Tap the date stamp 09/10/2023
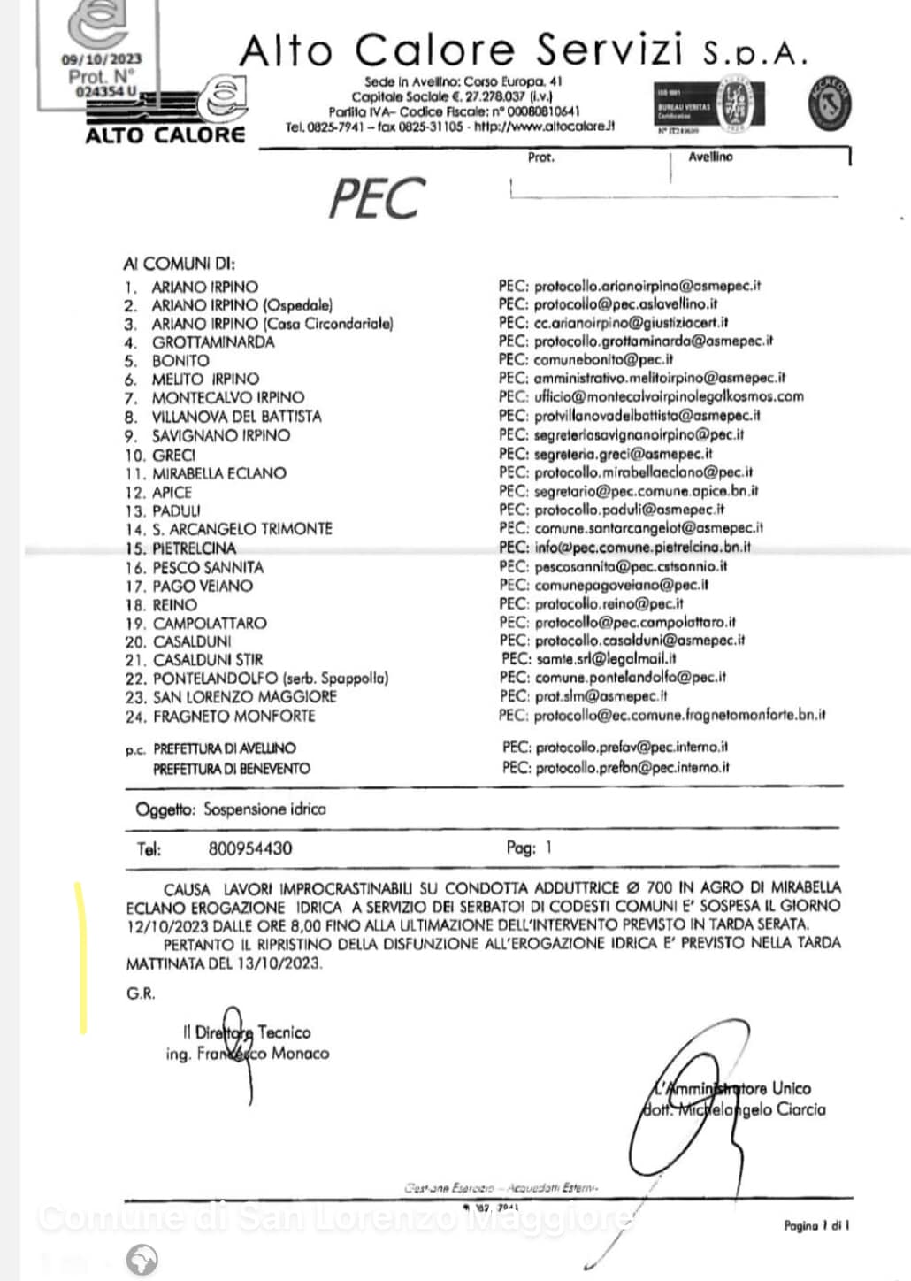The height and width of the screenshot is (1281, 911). pyautogui.click(x=101, y=59)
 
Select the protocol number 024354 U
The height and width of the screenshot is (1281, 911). pyautogui.click(x=106, y=91)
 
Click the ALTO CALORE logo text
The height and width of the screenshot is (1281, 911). pyautogui.click(x=165, y=135)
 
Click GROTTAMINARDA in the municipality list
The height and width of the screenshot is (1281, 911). pyautogui.click(x=213, y=341)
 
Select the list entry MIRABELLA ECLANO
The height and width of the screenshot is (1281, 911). pyautogui.click(x=219, y=473)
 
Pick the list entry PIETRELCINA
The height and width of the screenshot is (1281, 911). pyautogui.click(x=195, y=548)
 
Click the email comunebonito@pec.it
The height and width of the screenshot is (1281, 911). pyautogui.click(x=603, y=359)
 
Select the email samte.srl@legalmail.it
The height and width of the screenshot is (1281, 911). pyautogui.click(x=606, y=658)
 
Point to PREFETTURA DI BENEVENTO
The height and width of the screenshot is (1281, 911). pyautogui.click(x=232, y=769)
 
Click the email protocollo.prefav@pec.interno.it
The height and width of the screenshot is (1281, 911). pyautogui.click(x=632, y=748)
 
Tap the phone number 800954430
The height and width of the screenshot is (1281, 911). pyautogui.click(x=250, y=848)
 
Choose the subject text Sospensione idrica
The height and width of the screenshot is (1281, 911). pyautogui.click(x=264, y=809)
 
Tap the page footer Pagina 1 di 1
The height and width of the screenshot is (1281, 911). pyautogui.click(x=816, y=1225)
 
